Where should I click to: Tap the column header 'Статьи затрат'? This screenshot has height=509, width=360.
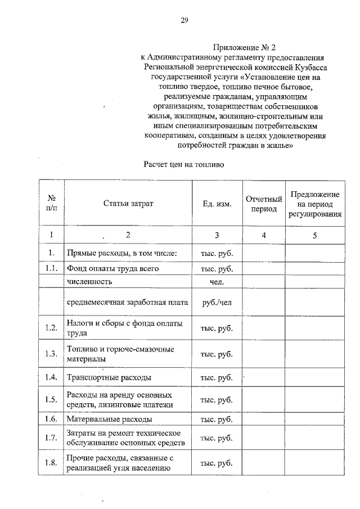point(128,203)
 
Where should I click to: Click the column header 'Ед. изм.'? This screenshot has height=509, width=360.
point(217,204)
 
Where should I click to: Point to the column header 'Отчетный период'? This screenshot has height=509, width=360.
point(263,204)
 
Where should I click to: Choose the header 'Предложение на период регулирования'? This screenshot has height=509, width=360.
point(314,204)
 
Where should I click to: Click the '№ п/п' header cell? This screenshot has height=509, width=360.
point(51,203)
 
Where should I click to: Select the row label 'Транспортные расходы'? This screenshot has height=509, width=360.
point(109,377)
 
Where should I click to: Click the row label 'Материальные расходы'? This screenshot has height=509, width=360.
point(109,420)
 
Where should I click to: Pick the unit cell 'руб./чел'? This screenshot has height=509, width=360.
point(217,303)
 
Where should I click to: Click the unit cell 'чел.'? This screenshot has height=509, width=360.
point(217,281)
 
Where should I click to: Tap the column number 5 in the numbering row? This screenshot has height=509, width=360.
point(314,235)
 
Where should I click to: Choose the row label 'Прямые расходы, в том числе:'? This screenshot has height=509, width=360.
point(122,253)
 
